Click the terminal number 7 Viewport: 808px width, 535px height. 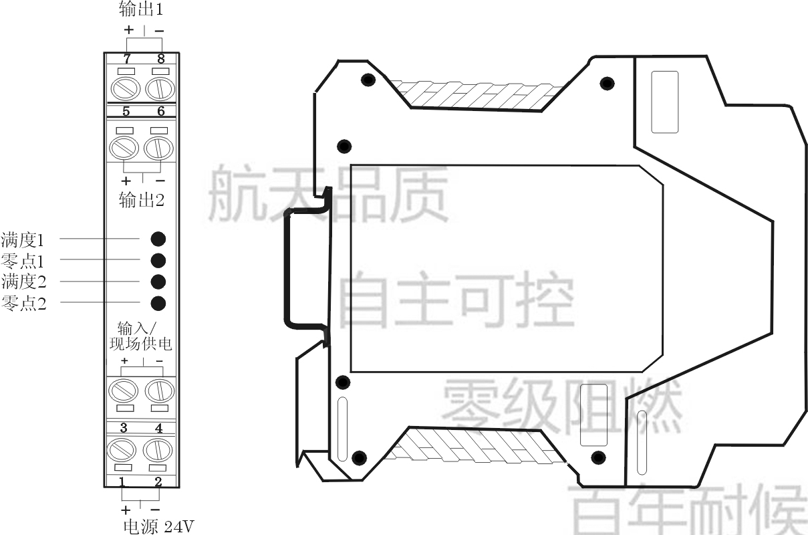pos(127,58)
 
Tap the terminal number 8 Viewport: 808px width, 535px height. pos(161,58)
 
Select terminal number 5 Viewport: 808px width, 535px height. pos(126,111)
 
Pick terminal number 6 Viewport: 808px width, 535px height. pos(161,111)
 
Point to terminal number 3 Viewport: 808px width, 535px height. pos(124,428)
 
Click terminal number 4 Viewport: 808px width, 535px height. pos(158,428)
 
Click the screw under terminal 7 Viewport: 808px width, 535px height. pos(126,89)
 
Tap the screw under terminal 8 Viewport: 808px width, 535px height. pos(160,89)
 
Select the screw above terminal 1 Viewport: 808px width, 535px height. pos(122,450)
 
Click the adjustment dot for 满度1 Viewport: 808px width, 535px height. pos(158,239)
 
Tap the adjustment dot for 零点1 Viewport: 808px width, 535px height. pos(158,261)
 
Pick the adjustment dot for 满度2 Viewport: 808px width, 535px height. pos(158,282)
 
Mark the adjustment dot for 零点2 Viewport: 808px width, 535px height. pos(158,303)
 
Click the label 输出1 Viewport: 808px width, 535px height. pos(141,9)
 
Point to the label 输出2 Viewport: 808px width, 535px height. pos(142,200)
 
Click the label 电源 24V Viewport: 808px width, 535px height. pos(158,527)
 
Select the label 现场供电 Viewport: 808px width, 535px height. pos(140,344)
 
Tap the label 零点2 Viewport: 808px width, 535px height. pos(24,303)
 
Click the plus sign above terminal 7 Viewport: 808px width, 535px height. pos(129,30)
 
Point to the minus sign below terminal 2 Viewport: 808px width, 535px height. pos(155,510)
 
